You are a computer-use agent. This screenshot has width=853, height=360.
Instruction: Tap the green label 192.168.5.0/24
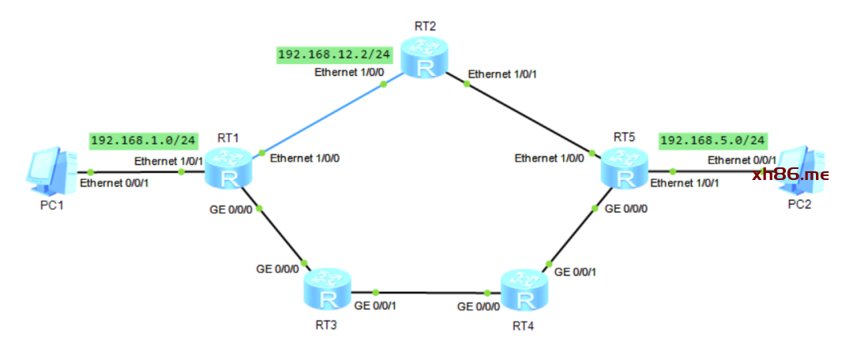(712, 141)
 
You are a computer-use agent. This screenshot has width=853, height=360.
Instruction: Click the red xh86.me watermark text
(790, 174)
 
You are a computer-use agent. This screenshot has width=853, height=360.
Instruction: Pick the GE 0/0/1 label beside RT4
(574, 272)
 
